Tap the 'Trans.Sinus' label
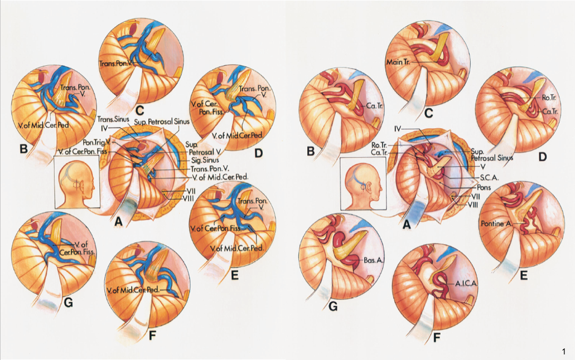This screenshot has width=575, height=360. (x=112, y=119)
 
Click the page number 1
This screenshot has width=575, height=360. (x=564, y=351)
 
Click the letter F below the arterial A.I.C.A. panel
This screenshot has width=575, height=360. (x=436, y=338)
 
